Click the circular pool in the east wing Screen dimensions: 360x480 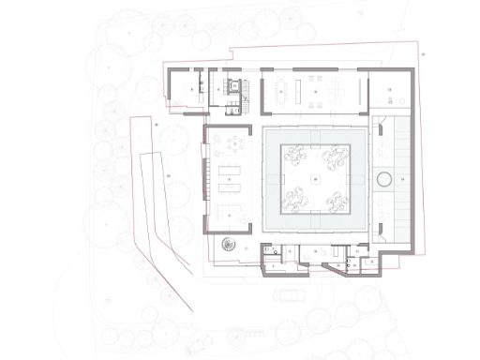(x=384, y=179)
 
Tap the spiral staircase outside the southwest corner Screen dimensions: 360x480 (x=226, y=245)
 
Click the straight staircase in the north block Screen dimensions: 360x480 (x=243, y=88)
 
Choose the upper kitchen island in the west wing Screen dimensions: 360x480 (x=231, y=171)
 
